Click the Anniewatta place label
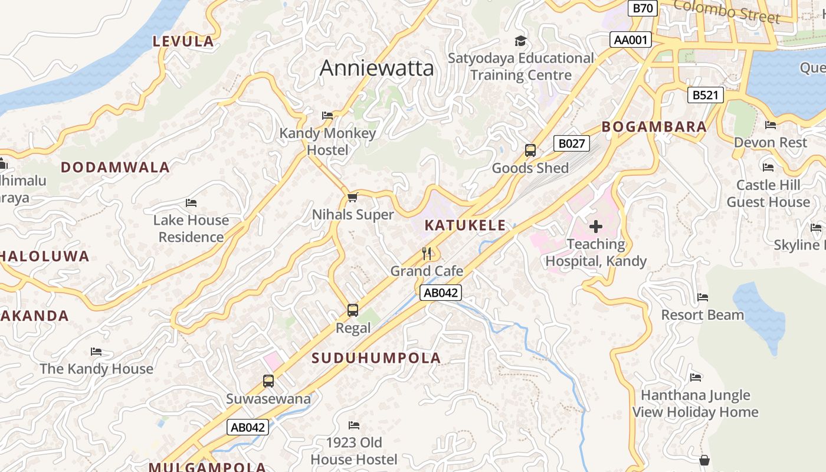click(x=376, y=68)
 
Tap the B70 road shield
click(x=643, y=8)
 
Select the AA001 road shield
click(x=631, y=40)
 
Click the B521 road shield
click(x=705, y=95)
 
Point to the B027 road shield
click(x=571, y=143)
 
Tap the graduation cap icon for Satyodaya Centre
click(x=520, y=41)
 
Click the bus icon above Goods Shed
click(x=530, y=150)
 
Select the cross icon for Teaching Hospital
click(x=596, y=226)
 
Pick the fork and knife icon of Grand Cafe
click(x=427, y=254)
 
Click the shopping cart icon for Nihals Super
click(x=353, y=197)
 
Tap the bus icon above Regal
click(x=353, y=310)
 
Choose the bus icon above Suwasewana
click(x=268, y=381)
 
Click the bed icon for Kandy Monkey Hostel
click(x=327, y=116)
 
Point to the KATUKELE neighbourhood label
click(x=465, y=225)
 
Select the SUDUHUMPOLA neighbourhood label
click(x=376, y=358)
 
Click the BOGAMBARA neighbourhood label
click(x=654, y=127)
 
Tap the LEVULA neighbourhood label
click(x=183, y=41)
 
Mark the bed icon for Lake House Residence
click(x=191, y=203)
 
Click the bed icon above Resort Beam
click(x=703, y=297)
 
